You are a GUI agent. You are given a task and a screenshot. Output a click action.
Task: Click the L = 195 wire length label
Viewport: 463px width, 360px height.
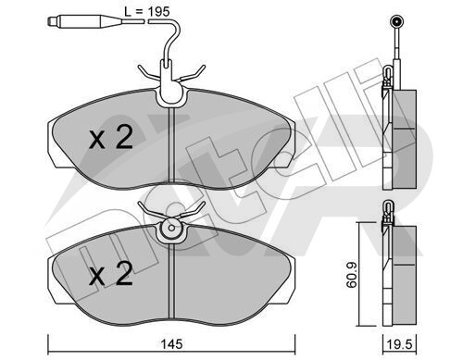click(147, 12)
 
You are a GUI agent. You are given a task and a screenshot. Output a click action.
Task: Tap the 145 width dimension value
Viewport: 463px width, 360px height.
click(171, 344)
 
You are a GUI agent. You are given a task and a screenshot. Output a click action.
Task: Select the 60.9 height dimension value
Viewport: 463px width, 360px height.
click(351, 275)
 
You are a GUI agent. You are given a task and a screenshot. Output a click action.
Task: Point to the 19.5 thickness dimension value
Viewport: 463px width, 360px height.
click(400, 344)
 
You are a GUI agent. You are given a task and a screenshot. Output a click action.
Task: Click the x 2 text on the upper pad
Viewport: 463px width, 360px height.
click(111, 138)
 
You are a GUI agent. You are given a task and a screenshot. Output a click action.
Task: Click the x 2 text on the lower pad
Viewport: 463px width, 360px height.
click(111, 273)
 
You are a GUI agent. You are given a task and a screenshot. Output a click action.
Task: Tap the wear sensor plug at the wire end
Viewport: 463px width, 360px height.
click(84, 21)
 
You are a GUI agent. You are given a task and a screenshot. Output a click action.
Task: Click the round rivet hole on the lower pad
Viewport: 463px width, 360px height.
click(171, 229)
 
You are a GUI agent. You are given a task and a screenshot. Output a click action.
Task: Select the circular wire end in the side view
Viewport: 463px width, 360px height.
click(395, 21)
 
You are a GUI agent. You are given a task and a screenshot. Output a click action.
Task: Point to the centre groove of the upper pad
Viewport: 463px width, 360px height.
click(171, 144)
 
